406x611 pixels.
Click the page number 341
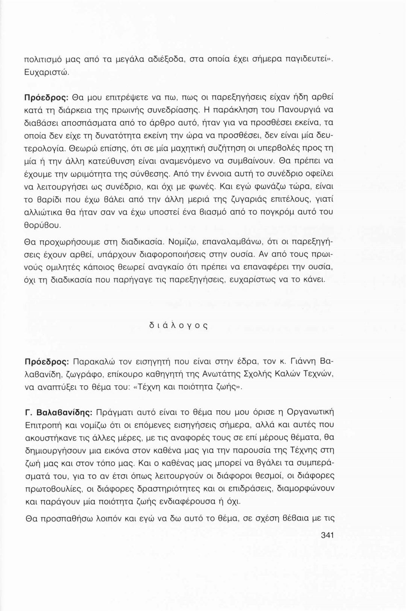328,535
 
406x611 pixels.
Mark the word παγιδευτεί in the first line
300,60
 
